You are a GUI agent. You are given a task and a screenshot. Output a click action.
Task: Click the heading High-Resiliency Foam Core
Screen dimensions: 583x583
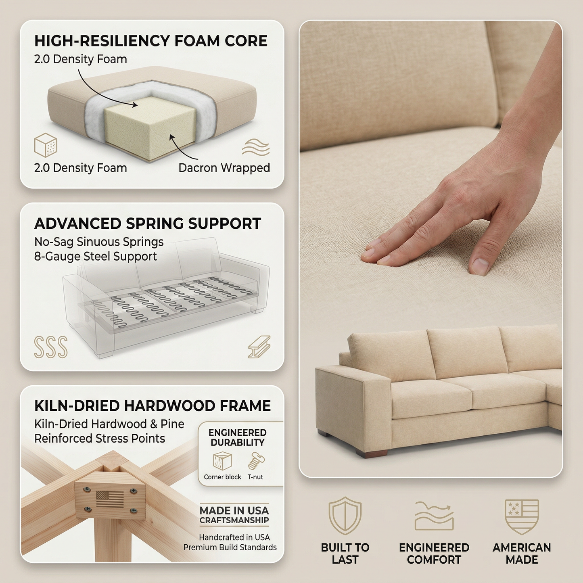tap(150, 41)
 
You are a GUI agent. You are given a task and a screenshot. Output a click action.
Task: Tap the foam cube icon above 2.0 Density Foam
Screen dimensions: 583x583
tap(46, 145)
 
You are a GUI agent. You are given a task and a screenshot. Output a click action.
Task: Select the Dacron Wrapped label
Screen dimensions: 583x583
tap(224, 168)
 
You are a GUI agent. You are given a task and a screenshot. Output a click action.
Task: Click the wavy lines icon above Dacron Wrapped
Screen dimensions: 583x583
tap(256, 147)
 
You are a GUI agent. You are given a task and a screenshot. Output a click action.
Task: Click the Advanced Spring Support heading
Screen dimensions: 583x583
tap(148, 224)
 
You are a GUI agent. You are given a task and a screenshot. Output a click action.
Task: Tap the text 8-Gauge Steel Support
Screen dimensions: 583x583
tap(96, 257)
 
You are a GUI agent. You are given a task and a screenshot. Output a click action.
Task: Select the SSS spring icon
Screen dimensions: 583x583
tap(51, 347)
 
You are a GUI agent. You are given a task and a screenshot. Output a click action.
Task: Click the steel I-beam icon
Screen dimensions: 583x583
tap(259, 347)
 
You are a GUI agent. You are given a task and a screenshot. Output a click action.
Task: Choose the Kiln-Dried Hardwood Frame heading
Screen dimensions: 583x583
tap(153, 406)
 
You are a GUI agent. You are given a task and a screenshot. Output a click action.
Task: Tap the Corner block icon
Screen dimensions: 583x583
tap(222, 461)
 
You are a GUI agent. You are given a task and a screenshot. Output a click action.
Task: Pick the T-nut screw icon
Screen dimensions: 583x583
tap(256, 461)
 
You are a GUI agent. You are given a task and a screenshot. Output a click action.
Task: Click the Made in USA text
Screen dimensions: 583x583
tap(234, 511)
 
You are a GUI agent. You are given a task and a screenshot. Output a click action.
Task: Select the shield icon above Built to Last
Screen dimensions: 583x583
tap(345, 516)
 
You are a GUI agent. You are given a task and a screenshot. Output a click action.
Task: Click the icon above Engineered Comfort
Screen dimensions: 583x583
tap(434, 516)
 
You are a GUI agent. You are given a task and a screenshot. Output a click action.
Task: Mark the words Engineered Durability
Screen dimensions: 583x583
tap(238, 437)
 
